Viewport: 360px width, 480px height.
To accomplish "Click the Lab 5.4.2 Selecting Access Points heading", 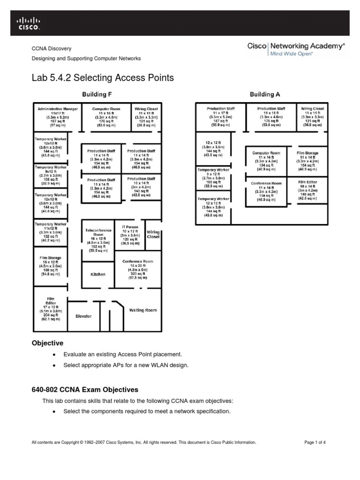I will point(103,78).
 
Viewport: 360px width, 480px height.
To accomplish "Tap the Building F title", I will point(97,94).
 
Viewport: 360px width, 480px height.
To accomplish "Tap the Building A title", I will point(265,94).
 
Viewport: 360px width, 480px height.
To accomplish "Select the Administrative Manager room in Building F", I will point(58,117).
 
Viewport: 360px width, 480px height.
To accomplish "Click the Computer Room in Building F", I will point(106,117).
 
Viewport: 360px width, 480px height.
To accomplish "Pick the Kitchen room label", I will point(98,274).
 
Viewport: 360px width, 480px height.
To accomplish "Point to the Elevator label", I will point(84,316).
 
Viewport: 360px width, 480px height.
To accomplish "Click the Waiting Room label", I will point(143,310).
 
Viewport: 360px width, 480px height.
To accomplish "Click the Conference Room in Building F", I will point(138,269).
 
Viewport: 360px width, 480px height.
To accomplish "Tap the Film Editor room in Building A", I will point(307,190).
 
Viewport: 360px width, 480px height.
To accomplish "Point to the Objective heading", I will point(47,344).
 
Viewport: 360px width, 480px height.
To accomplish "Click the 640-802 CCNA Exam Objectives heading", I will point(85,390).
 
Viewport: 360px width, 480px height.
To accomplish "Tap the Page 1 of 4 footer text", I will point(318,442).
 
